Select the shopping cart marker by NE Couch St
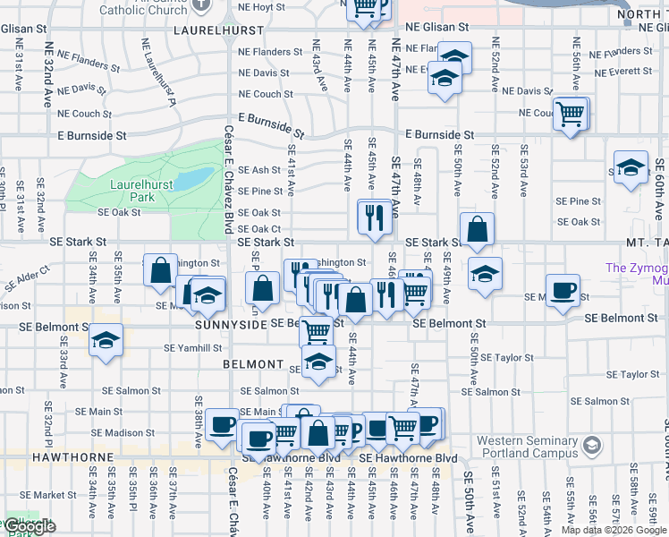(x=570, y=115)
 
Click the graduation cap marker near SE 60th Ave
(x=631, y=168)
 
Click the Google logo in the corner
(x=30, y=526)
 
